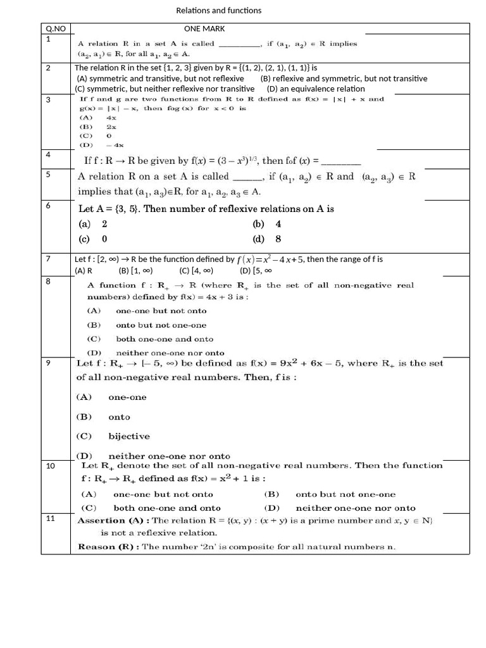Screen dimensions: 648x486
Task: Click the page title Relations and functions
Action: pyautogui.click(x=218, y=10)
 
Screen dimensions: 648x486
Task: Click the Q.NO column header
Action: pyautogui.click(x=56, y=28)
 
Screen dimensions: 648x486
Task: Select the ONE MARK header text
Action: pyautogui.click(x=204, y=28)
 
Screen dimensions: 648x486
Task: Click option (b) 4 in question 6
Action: pyautogui.click(x=266, y=224)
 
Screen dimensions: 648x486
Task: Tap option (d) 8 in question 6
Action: pyautogui.click(x=266, y=239)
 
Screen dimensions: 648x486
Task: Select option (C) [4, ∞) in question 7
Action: pyautogui.click(x=196, y=270)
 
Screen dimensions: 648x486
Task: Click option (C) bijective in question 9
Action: pyautogui.click(x=113, y=436)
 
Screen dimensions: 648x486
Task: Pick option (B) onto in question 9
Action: pyautogui.click(x=103, y=417)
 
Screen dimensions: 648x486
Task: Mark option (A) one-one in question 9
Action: pyautogui.click(x=111, y=397)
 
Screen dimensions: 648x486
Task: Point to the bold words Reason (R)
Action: pyautogui.click(x=108, y=547)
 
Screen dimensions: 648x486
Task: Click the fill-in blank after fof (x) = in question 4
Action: pyautogui.click(x=341, y=161)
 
